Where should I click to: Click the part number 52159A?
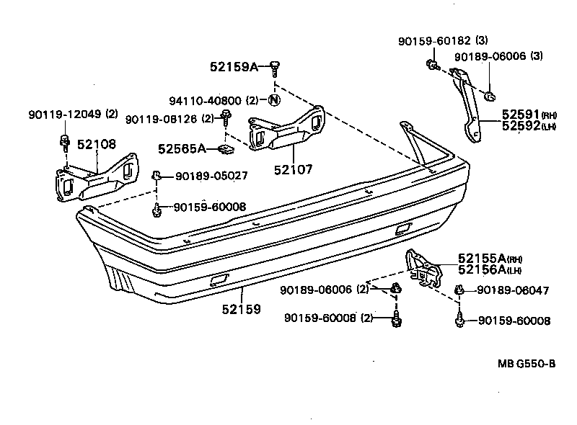click(234, 66)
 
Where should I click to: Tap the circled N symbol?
click(274, 100)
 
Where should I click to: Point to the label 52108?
click(96, 145)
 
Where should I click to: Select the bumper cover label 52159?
click(242, 308)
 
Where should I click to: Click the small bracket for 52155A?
click(424, 267)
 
